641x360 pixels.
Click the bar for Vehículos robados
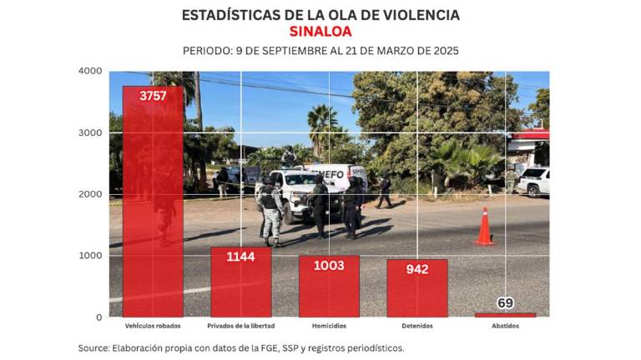pyautogui.click(x=153, y=200)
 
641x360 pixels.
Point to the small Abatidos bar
pyautogui.click(x=505, y=314)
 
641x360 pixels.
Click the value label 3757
pyautogui.click(x=153, y=96)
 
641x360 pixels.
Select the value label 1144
pyautogui.click(x=240, y=257)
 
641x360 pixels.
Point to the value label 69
pyautogui.click(x=505, y=302)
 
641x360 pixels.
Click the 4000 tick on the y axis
pyautogui.click(x=90, y=71)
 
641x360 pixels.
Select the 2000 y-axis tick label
pyautogui.click(x=90, y=194)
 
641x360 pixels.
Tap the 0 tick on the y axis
pyautogui.click(x=98, y=317)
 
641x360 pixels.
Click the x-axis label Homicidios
pyautogui.click(x=329, y=326)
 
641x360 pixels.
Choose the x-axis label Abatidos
pyautogui.click(x=505, y=326)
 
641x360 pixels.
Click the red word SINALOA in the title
pyautogui.click(x=320, y=32)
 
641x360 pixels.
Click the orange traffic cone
pyautogui.click(x=484, y=227)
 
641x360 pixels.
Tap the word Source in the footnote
pyautogui.click(x=94, y=347)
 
